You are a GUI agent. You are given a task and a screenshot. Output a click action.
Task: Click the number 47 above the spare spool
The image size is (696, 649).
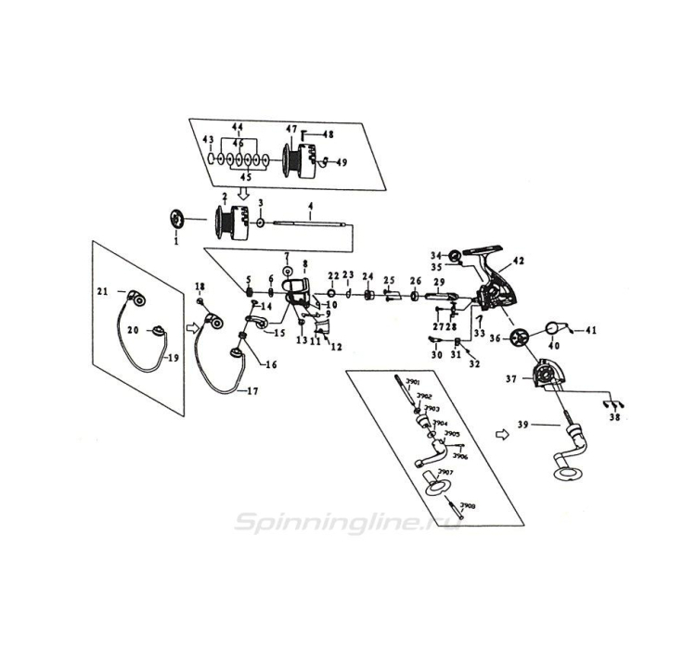[290, 129]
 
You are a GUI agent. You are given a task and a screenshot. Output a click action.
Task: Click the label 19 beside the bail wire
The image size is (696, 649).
[173, 357]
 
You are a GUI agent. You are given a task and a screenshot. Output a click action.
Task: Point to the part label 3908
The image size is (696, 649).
[468, 506]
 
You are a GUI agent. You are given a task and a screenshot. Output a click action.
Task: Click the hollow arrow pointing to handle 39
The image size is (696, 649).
[503, 432]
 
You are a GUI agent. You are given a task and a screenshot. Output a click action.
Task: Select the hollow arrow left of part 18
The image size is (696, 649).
[193, 325]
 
